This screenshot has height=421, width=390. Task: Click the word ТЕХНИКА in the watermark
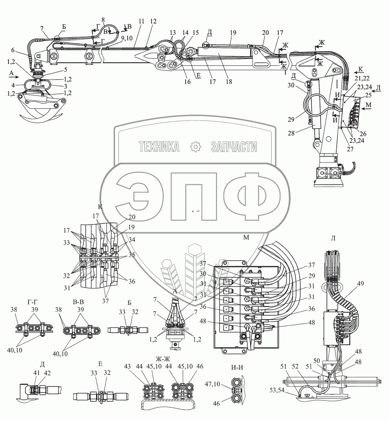click(159, 147)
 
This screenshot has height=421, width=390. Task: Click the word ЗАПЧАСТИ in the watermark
click(233, 147)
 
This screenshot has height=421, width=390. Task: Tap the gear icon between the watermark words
click(195, 147)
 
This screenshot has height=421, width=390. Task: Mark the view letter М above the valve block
click(246, 238)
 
